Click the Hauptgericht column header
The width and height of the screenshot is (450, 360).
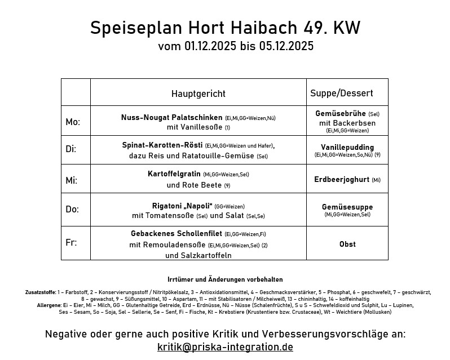(x=198, y=94)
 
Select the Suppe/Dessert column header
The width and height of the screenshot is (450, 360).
(x=341, y=93)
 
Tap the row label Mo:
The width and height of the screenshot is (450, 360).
(x=73, y=122)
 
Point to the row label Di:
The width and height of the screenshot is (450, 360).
(x=71, y=149)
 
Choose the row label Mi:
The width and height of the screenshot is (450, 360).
(x=72, y=180)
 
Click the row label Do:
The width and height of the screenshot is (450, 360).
(x=72, y=209)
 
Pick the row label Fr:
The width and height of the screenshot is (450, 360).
(x=71, y=242)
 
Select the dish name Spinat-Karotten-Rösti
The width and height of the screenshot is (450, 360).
(x=162, y=145)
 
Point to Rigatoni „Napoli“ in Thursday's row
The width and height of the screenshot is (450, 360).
(x=182, y=206)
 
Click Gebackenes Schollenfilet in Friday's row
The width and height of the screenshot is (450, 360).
(x=177, y=233)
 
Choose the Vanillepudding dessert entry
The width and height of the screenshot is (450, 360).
(x=347, y=147)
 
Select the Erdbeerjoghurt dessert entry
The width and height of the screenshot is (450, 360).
(x=342, y=180)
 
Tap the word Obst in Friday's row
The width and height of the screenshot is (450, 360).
(x=347, y=244)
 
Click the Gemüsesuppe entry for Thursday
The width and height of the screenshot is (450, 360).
(x=347, y=207)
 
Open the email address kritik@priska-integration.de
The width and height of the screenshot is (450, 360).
(x=225, y=346)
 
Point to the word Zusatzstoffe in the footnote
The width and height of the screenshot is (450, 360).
(x=39, y=292)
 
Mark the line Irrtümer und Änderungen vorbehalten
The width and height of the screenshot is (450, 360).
(x=225, y=279)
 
